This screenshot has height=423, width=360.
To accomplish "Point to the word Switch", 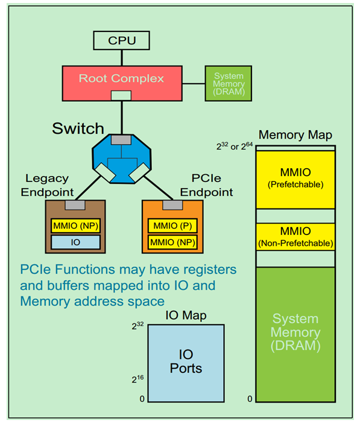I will (x=77, y=128).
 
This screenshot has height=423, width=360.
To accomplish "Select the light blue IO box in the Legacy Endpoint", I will (x=75, y=242).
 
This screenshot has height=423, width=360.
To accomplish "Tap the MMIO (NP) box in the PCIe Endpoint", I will (x=171, y=243).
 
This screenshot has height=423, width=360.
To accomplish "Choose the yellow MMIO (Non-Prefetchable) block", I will (x=296, y=237).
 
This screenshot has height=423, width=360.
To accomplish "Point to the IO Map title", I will (x=186, y=316).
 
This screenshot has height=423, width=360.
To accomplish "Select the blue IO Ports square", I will (x=186, y=363).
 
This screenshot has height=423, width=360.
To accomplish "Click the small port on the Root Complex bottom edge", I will (x=121, y=95).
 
